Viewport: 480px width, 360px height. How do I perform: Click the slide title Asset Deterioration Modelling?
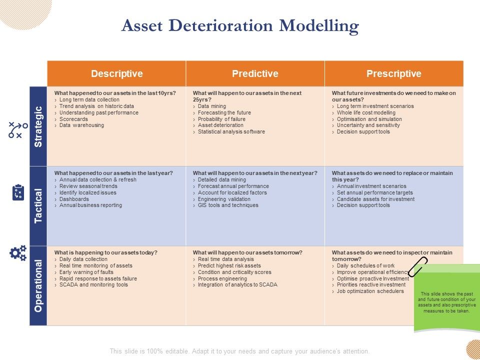point(240,25)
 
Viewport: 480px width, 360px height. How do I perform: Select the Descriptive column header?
point(116,74)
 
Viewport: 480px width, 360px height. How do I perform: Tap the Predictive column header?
point(255,74)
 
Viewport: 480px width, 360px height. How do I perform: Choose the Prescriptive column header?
point(393,74)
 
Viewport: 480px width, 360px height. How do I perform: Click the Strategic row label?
point(38,126)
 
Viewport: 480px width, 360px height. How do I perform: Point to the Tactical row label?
point(38,206)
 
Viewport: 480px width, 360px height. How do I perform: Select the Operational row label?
point(38,285)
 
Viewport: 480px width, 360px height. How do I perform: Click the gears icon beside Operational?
point(18,253)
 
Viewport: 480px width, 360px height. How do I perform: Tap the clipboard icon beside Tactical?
point(18,192)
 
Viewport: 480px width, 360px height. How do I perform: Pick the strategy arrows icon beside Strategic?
point(18,129)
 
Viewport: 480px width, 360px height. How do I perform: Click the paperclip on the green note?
point(418,266)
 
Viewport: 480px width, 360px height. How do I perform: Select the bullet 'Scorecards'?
point(73,119)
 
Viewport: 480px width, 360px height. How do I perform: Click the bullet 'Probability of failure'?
point(221,119)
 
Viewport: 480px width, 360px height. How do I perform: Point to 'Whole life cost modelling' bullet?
point(366,112)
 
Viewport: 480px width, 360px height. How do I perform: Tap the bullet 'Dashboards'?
point(74,199)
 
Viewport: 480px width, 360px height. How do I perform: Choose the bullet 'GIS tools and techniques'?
point(228,205)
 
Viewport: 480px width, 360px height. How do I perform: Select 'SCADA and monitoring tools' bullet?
point(93,285)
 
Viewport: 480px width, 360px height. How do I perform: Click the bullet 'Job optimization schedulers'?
point(370,291)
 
